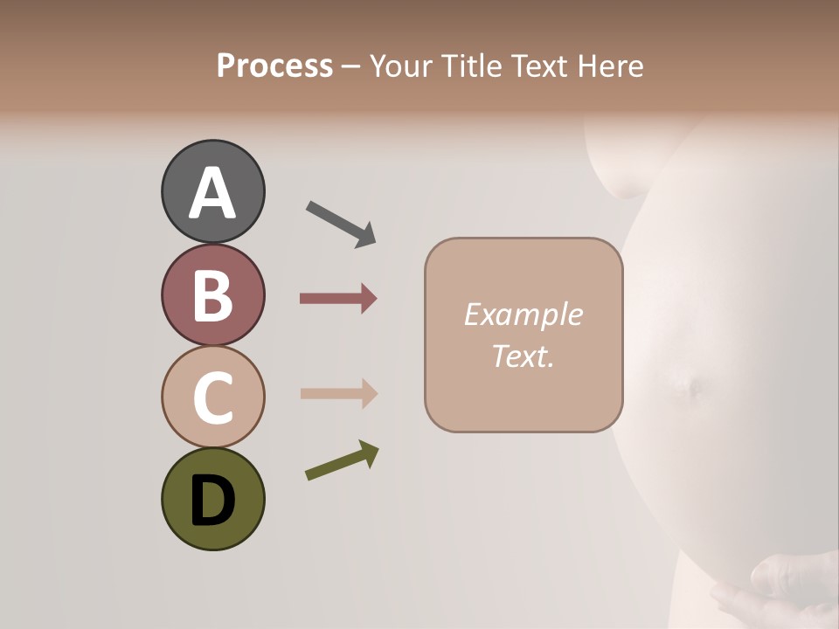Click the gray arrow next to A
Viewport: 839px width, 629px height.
pyautogui.click(x=340, y=223)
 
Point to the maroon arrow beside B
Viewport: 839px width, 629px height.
pyautogui.click(x=338, y=299)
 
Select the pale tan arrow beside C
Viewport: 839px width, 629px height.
pyautogui.click(x=338, y=393)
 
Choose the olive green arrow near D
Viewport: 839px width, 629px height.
pyautogui.click(x=342, y=460)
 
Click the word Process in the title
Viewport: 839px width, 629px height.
pyautogui.click(x=274, y=66)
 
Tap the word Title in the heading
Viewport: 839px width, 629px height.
pyautogui.click(x=470, y=66)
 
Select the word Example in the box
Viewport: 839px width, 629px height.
pyautogui.click(x=523, y=314)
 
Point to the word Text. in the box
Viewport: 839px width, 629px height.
pyautogui.click(x=523, y=356)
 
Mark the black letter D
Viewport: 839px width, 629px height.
pyautogui.click(x=212, y=501)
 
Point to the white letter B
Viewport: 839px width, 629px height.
pyautogui.click(x=212, y=295)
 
